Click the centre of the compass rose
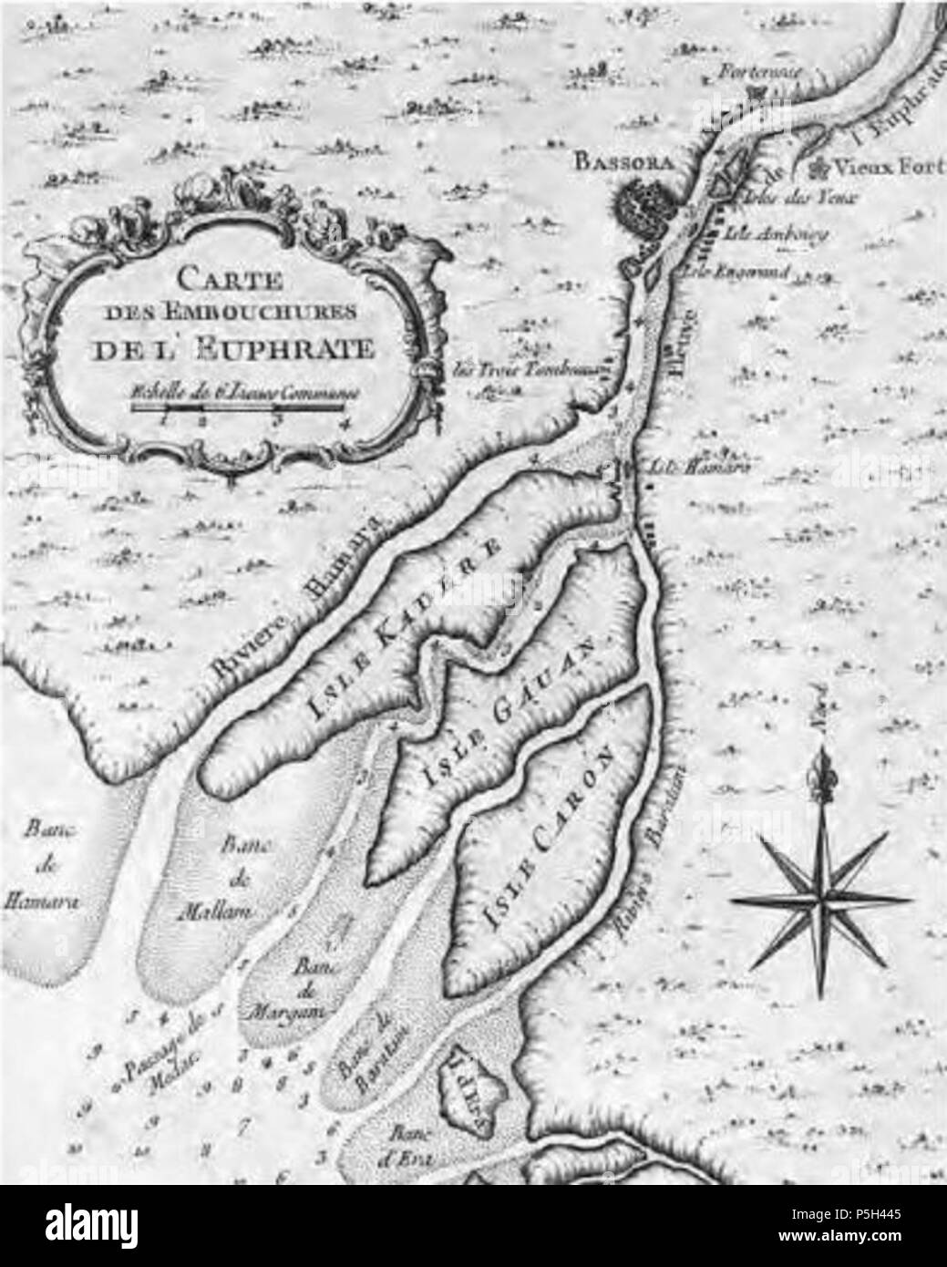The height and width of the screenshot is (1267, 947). tap(822, 899)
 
